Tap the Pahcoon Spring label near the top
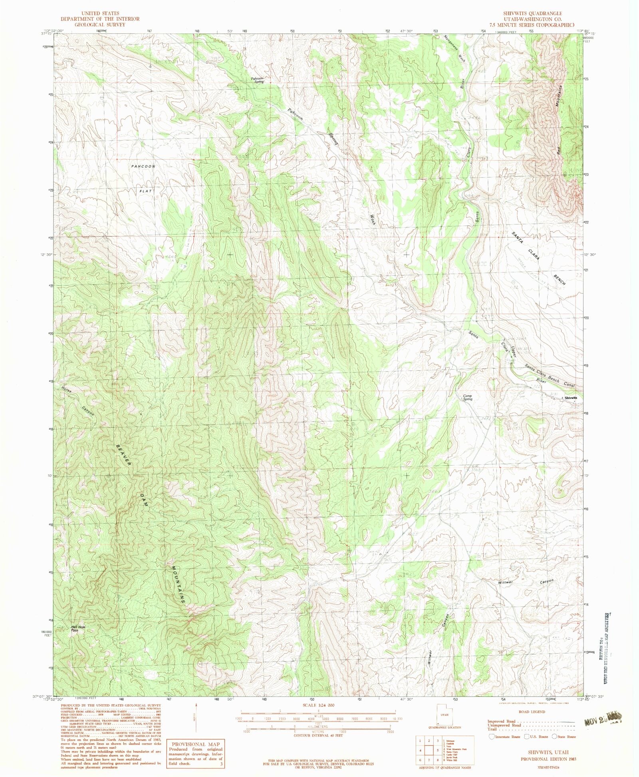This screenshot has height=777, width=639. coord(258,80)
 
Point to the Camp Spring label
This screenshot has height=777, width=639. coord(467,397)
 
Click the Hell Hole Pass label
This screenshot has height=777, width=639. coord(78,628)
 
